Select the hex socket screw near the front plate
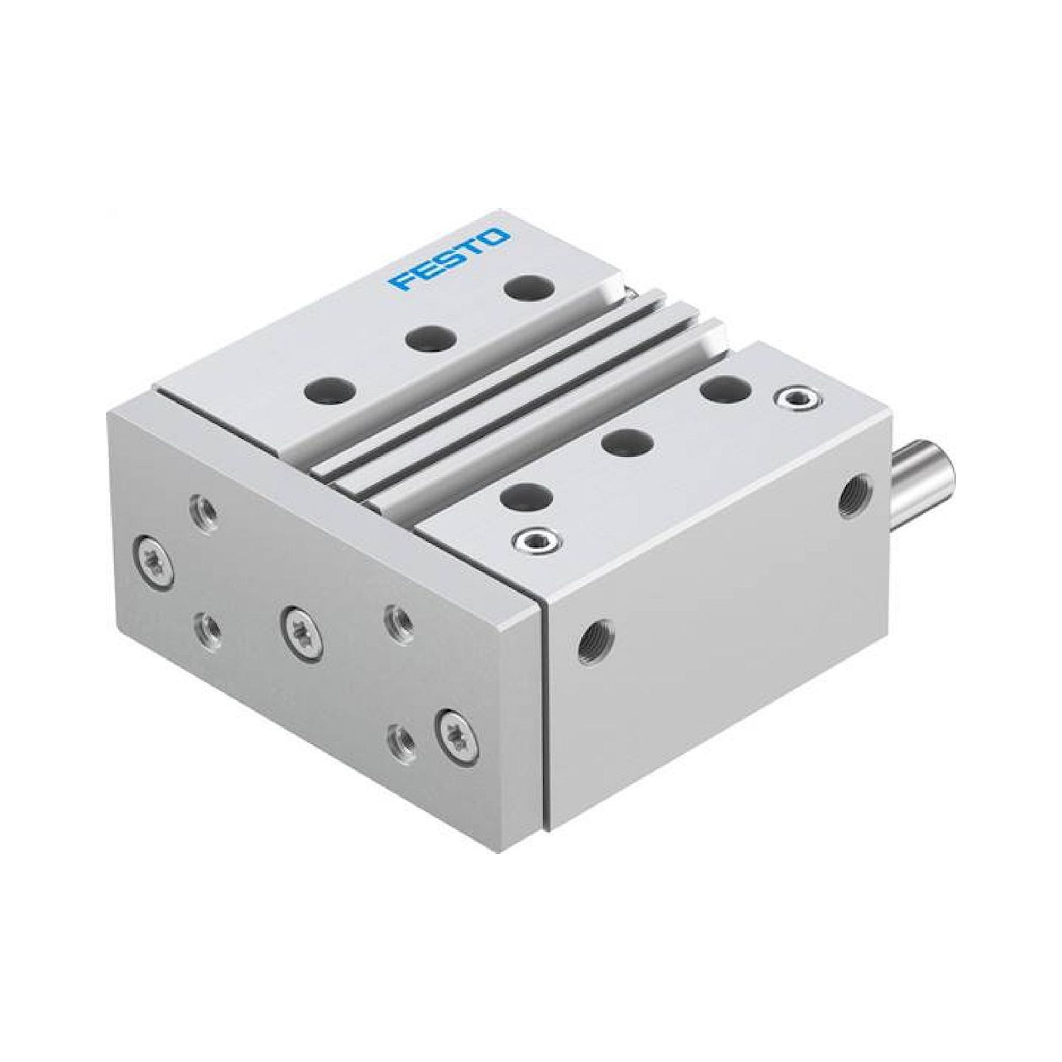point(533,543)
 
